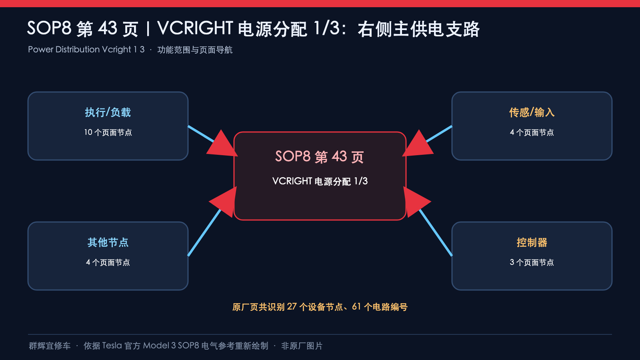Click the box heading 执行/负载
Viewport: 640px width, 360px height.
(108, 112)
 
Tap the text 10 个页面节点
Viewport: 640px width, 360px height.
(108, 132)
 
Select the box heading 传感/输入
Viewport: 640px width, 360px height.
(532, 112)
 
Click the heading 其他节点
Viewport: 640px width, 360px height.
(108, 242)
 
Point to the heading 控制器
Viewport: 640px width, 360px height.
(532, 242)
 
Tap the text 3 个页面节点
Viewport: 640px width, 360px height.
(532, 262)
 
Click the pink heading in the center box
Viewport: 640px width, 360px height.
(320, 156)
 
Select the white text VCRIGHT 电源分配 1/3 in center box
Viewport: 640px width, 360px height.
(320, 181)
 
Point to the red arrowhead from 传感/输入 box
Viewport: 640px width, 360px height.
(418, 144)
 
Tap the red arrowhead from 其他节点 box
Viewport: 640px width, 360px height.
(224, 202)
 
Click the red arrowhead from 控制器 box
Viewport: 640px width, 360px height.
(416, 202)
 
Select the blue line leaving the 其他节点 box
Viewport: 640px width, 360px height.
(204, 232)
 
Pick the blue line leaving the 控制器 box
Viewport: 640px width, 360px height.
(436, 232)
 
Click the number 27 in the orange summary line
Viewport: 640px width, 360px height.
(292, 306)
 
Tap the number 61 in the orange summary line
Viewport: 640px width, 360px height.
(356, 306)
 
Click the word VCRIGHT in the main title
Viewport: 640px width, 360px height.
(195, 28)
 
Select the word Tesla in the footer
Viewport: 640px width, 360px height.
(112, 346)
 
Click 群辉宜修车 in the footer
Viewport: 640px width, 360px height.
(50, 346)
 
